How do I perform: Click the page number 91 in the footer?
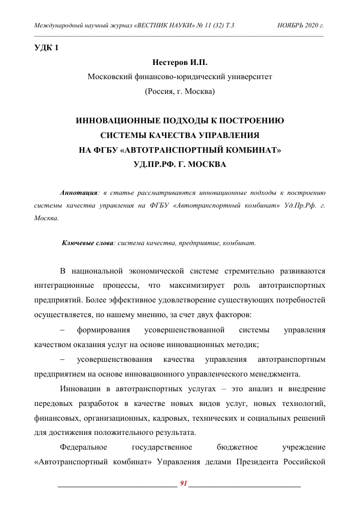(x=184, y=482)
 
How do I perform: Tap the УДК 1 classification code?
(x=46, y=48)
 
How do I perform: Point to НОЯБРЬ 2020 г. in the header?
(x=301, y=25)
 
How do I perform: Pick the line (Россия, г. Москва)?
(x=180, y=91)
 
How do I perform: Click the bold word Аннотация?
(x=78, y=193)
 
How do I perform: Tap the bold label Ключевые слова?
(x=88, y=243)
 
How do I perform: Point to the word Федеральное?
(x=83, y=447)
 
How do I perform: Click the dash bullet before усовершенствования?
(x=62, y=360)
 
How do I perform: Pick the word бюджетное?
(x=237, y=447)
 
